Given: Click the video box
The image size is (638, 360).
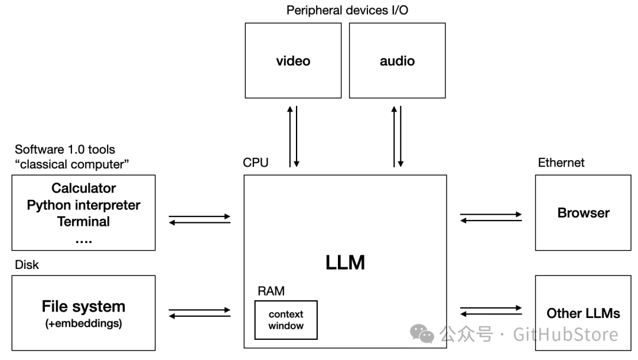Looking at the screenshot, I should tap(293, 60).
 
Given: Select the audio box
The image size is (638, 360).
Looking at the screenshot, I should tap(397, 60).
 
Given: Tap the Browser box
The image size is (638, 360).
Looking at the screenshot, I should tap(583, 212).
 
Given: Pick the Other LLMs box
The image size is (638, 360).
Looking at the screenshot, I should tap(583, 313).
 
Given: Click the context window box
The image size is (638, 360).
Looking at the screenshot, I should tap(286, 320).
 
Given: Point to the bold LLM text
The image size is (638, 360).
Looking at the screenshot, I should tap(345, 262).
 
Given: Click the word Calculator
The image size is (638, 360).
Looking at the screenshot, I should tap(83, 189).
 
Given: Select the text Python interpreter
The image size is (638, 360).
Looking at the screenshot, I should tap(83, 205).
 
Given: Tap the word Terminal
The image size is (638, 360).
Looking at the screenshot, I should tap(83, 222).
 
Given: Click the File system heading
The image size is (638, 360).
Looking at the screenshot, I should tap(83, 306).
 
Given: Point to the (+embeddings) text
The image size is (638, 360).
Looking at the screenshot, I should tap(83, 323).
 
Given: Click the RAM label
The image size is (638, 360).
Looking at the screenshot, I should tap(271, 291).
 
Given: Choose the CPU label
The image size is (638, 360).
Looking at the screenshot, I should tap(255, 163).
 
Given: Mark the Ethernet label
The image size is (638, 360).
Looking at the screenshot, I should tap(561, 163).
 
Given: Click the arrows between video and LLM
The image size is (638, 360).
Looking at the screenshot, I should tap(293, 136).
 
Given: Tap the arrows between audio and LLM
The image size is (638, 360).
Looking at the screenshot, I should tap(397, 136).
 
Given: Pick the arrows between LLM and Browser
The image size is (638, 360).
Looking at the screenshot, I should tap(490, 218).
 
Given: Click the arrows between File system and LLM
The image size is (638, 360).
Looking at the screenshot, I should tap(199, 313).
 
